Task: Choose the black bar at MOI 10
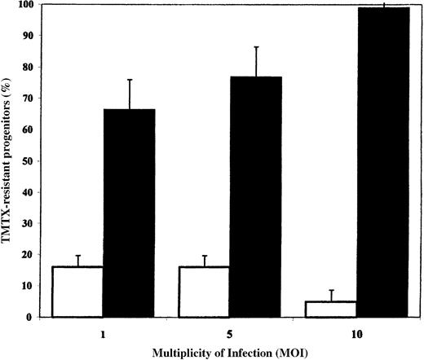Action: click(384, 163)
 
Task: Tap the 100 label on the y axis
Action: click(29, 5)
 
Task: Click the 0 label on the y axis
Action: click(34, 317)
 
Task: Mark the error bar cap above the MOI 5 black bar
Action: click(257, 47)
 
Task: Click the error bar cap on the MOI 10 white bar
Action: click(333, 290)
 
